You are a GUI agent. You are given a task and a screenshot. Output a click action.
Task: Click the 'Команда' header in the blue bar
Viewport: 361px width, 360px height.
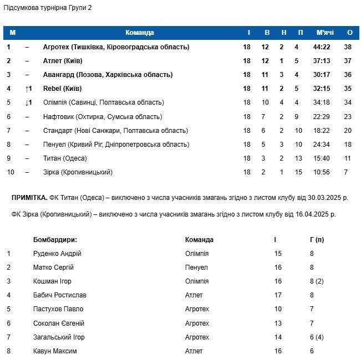point(140,33)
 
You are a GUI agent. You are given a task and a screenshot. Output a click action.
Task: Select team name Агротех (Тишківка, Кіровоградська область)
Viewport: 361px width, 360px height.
point(116,47)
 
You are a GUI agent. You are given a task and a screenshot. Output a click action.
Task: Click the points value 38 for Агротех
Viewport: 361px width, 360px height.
point(348,47)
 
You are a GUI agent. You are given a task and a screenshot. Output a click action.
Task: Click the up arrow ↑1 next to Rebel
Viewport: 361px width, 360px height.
point(29,89)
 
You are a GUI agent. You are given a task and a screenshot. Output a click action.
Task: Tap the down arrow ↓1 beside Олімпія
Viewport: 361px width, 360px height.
point(29,102)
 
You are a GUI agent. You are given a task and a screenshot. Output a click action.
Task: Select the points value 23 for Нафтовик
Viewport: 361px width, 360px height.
point(348,116)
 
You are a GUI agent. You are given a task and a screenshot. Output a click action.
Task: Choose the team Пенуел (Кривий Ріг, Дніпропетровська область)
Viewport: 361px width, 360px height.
point(116,145)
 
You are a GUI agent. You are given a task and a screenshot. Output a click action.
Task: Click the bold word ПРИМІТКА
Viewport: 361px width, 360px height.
point(29,198)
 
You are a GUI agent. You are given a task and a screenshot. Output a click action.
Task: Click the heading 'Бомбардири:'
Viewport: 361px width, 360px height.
point(55,240)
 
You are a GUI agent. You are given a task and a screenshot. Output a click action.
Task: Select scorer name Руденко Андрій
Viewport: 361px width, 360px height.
point(57,254)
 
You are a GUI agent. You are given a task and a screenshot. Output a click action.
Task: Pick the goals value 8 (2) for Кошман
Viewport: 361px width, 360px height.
point(316,281)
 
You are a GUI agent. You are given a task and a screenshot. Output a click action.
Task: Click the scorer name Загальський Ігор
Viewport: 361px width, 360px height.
point(59,337)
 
